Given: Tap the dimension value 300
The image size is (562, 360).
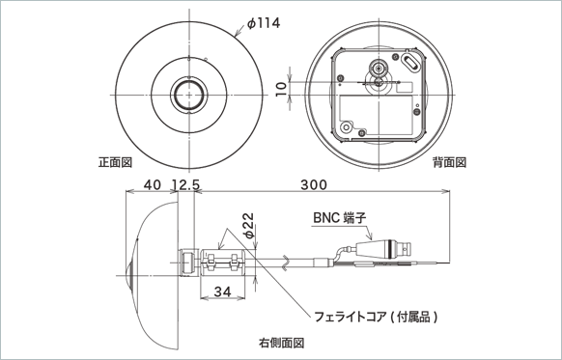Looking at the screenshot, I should pos(313,183).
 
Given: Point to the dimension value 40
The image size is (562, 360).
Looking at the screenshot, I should pos(153,183).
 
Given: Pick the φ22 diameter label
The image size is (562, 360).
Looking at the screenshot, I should pos(247,226).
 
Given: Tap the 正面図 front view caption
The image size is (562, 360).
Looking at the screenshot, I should pos(116,161).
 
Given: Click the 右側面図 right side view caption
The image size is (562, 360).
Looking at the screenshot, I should pos(281,343).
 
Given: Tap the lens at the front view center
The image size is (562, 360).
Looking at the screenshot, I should pos(189,95).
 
